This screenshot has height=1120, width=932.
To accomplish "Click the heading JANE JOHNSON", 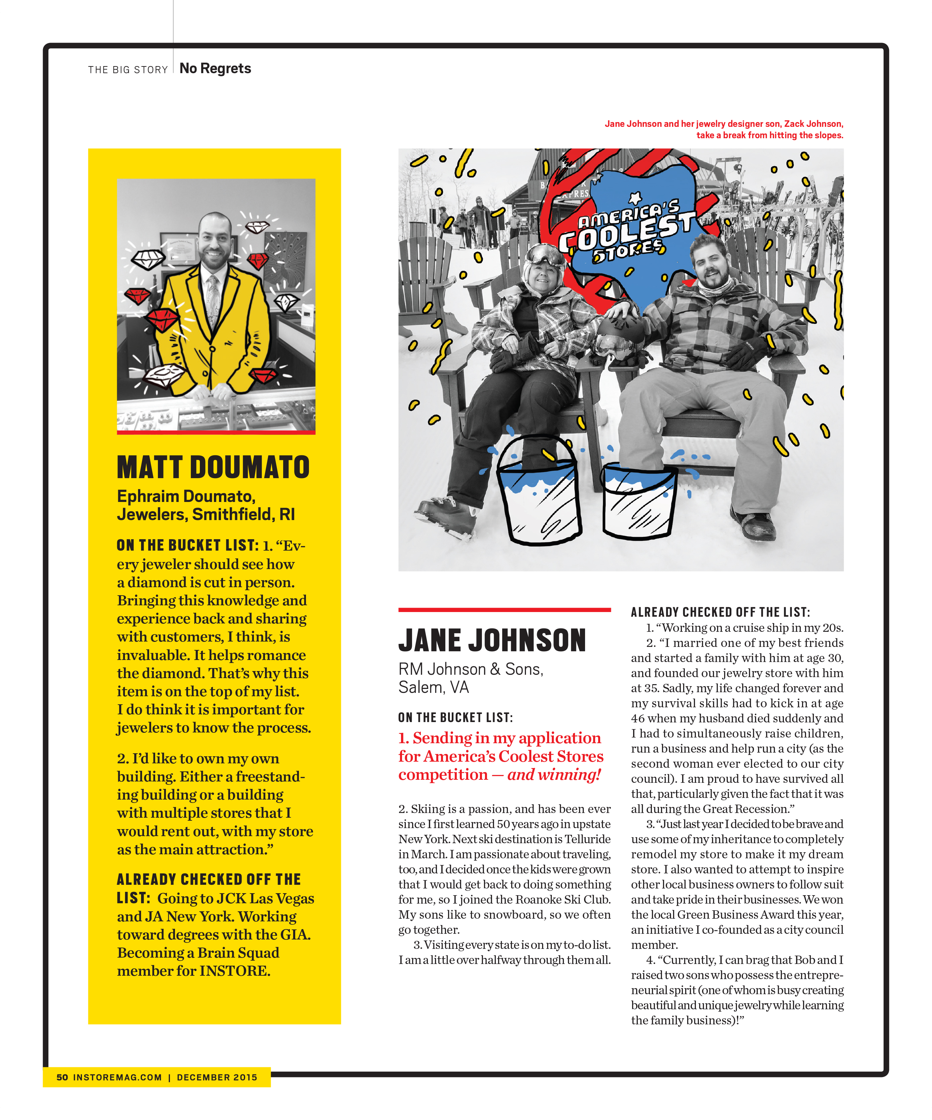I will tap(492, 641).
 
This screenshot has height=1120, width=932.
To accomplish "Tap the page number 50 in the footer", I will tap(62, 1077).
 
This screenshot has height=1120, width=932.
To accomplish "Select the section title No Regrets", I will tap(215, 69).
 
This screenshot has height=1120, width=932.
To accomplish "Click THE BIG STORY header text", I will tap(128, 70).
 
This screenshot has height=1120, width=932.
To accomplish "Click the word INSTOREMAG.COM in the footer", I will tap(118, 1077).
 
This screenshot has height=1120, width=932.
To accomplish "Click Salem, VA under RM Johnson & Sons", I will tap(434, 688).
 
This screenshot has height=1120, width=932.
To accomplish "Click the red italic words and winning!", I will tap(554, 774).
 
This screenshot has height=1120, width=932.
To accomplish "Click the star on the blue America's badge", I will tap(635, 198).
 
